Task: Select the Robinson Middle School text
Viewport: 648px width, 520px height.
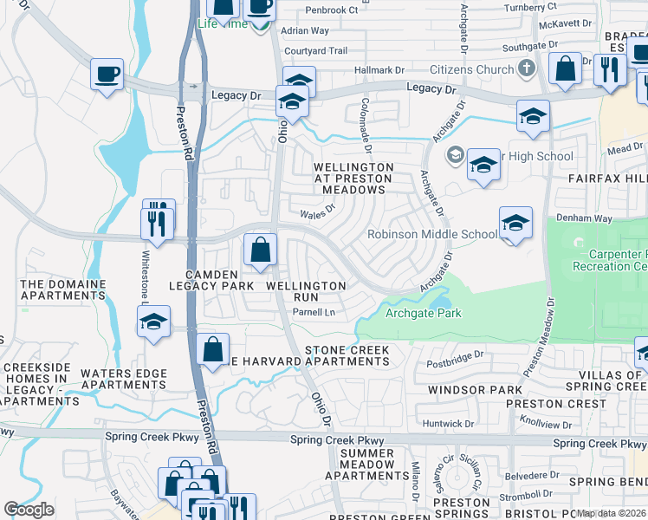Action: [432, 234]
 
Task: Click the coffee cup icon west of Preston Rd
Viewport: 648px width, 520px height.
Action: [107, 74]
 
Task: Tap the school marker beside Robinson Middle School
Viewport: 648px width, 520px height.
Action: [515, 224]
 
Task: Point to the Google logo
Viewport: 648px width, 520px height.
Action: [29, 509]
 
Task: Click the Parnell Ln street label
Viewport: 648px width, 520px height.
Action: [313, 312]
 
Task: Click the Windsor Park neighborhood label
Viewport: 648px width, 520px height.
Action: [475, 390]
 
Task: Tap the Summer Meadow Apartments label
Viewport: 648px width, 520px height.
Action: [366, 465]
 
